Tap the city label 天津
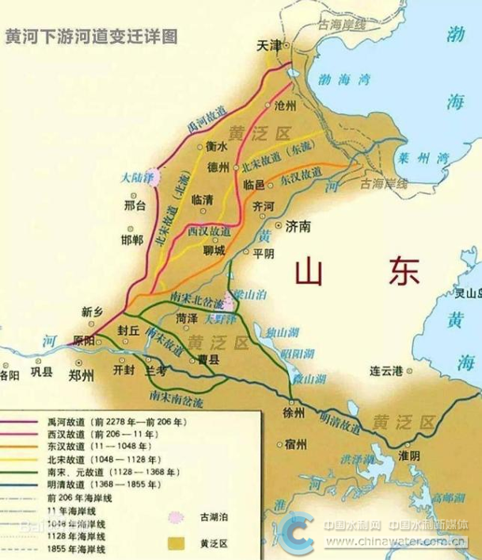[270, 45]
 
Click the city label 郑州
[81, 376]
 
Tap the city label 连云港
[387, 371]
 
